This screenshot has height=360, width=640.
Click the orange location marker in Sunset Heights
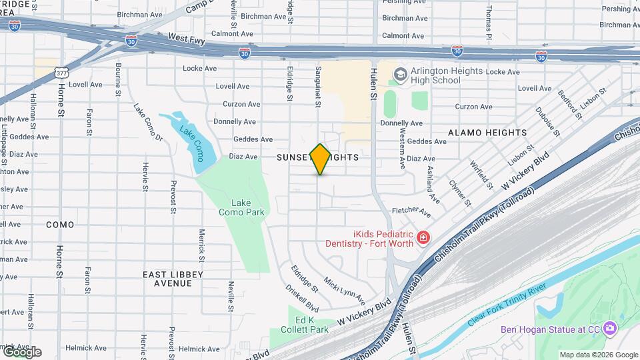(x=321, y=159)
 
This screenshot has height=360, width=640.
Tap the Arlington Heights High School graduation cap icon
(x=400, y=73)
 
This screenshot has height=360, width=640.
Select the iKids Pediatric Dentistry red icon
(x=422, y=238)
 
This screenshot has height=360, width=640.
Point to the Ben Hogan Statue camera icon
(x=610, y=328)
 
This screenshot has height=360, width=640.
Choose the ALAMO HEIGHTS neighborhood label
(x=487, y=133)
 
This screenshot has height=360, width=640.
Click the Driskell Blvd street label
(x=303, y=299)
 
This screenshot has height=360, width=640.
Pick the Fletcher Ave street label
(x=413, y=211)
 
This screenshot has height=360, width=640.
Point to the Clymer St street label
(x=460, y=193)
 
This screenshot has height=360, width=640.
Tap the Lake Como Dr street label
(x=148, y=123)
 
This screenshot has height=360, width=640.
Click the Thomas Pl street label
(x=489, y=21)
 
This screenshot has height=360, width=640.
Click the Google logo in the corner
(x=22, y=351)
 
